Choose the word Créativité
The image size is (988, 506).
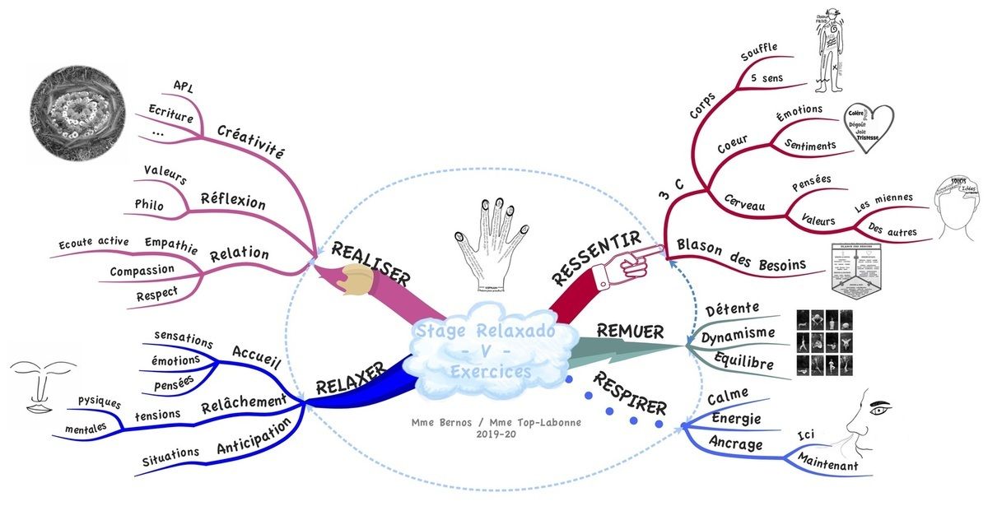(x=251, y=141)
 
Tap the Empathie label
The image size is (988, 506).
(x=170, y=244)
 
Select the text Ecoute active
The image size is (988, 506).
(x=94, y=243)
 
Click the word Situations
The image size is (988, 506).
(x=170, y=453)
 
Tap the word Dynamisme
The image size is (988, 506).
(x=738, y=334)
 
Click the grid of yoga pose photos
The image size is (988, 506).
(x=824, y=343)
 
